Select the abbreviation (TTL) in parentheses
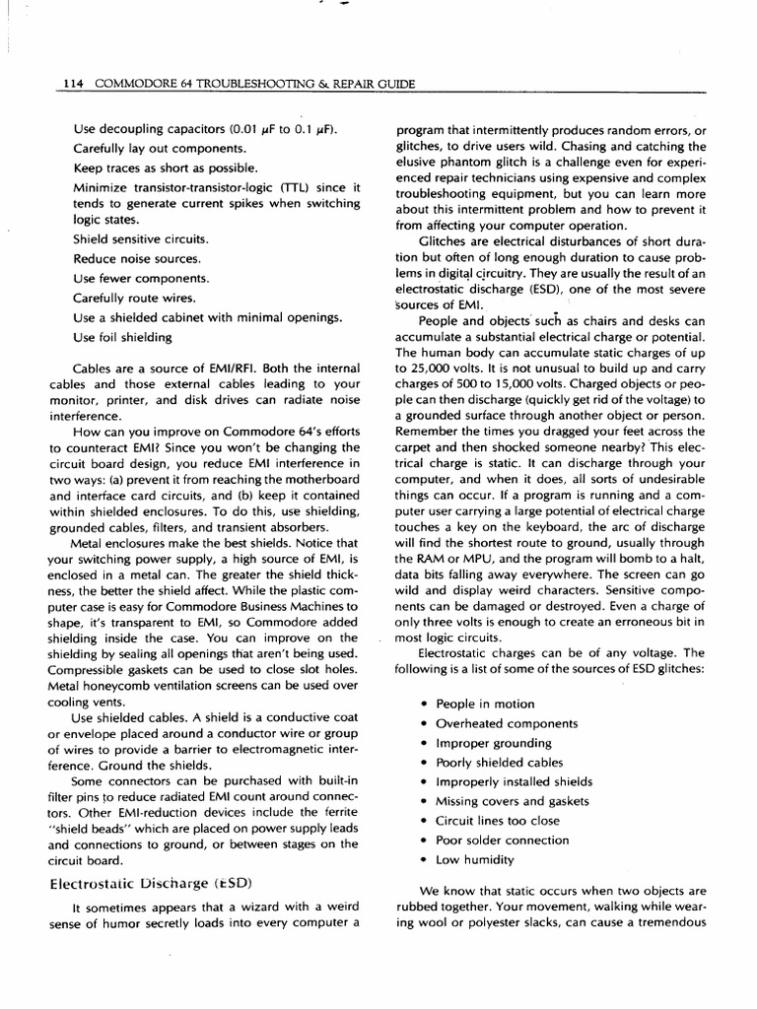click(293, 186)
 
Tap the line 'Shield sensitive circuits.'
click(140, 239)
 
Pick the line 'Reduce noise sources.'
click(137, 259)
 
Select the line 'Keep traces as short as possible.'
click(166, 168)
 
